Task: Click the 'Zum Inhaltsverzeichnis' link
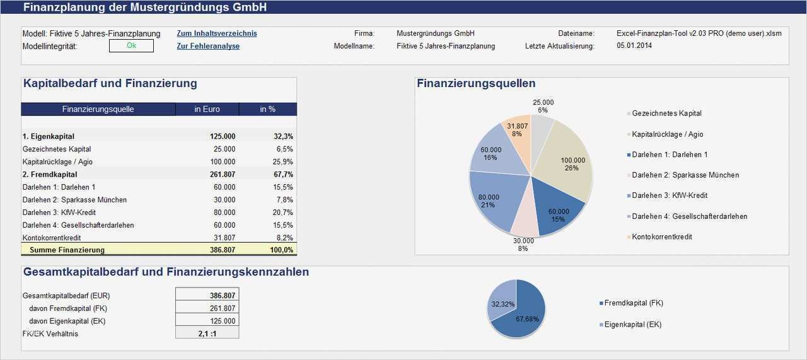216,33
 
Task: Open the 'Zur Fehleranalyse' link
208,46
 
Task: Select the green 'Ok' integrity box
131,45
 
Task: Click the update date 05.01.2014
634,46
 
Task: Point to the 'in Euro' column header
207,109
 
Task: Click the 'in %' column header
267,109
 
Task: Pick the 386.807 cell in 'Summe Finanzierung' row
223,250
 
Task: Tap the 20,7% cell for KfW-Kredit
284,212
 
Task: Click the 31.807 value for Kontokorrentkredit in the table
224,238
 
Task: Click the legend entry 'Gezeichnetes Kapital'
666,113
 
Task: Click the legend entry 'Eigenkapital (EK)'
632,325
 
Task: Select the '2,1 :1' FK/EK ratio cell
207,334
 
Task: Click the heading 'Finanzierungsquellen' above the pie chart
476,84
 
